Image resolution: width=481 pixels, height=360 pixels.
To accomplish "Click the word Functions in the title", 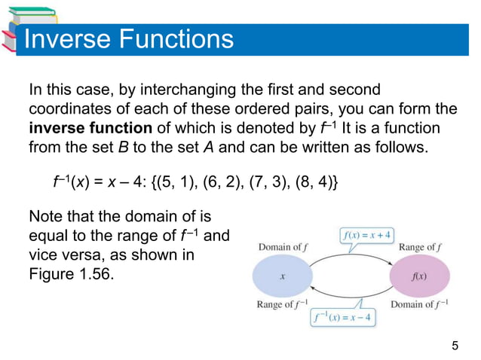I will click(x=173, y=39).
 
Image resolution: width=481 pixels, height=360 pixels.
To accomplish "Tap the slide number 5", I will click(x=454, y=346).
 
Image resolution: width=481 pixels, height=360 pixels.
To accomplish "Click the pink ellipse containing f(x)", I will click(x=419, y=276).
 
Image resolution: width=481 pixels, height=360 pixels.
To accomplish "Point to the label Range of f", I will click(x=418, y=248).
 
